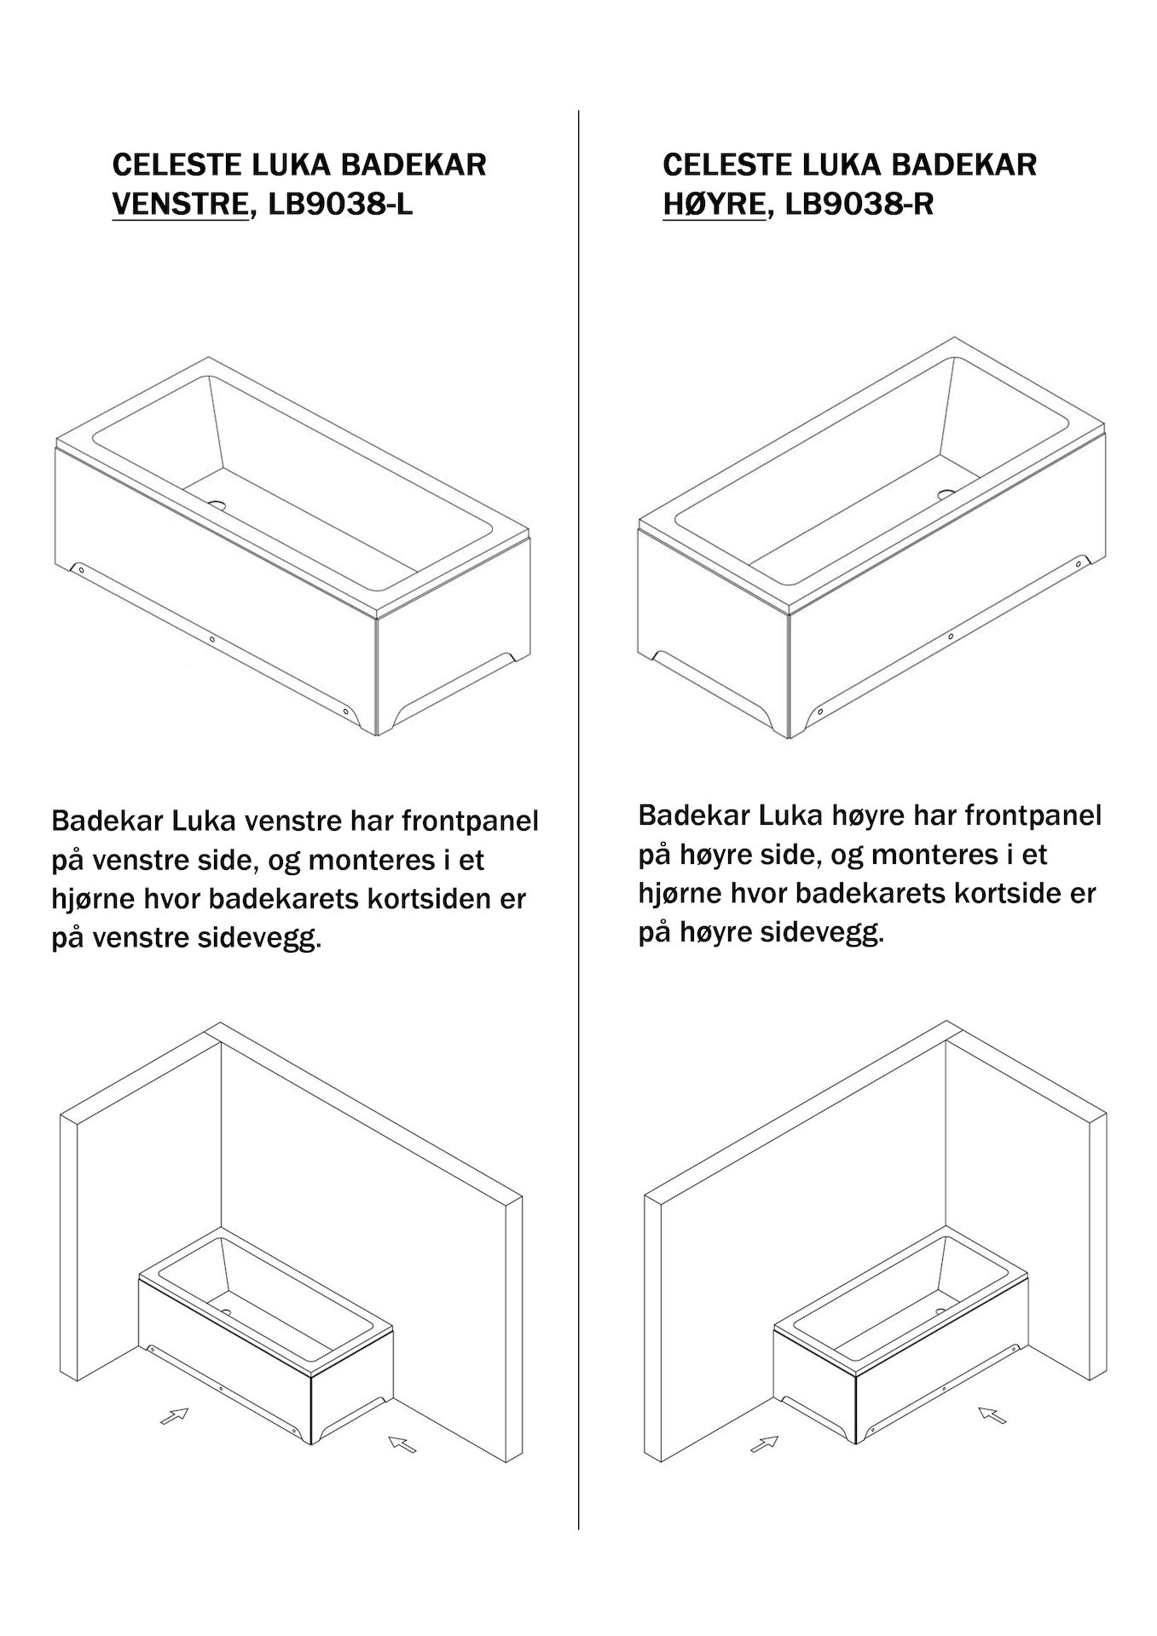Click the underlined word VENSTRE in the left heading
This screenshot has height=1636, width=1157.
click(180, 205)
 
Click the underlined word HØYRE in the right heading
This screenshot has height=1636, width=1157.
click(714, 205)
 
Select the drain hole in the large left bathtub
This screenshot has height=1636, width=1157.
click(220, 504)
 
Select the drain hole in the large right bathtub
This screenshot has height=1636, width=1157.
click(948, 493)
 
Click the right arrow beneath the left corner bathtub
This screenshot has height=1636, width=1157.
click(402, 1443)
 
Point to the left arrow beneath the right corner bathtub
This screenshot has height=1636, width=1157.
click(765, 1443)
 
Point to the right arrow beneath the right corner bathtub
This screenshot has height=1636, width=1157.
click(992, 1415)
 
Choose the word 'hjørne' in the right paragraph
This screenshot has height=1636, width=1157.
click(680, 895)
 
